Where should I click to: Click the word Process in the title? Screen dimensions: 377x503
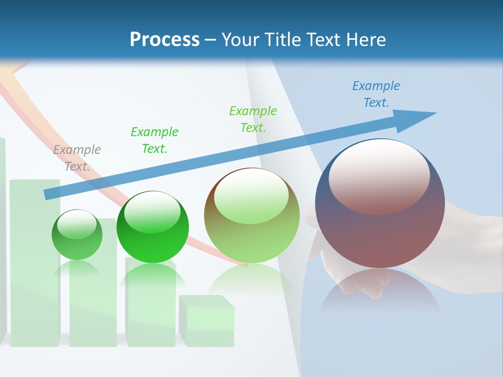[x=165, y=39]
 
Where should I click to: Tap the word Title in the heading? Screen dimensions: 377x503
[x=282, y=39]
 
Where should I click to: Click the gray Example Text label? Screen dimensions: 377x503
[x=77, y=158]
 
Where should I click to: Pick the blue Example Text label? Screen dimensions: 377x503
[x=376, y=94]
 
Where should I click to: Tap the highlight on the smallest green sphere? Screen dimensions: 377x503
[x=76, y=224]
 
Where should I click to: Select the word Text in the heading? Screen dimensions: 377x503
[x=324, y=39]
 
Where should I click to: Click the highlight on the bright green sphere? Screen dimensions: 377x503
[x=152, y=212]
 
